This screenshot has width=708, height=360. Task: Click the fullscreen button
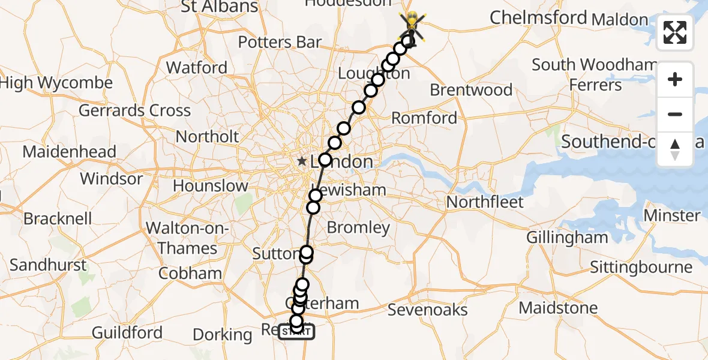675,32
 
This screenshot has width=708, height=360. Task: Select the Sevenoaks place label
427,310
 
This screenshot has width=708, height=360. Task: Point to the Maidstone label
558,308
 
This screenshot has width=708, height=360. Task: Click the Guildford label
127,332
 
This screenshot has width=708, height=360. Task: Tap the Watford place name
197,67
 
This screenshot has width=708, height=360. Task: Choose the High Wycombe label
56,83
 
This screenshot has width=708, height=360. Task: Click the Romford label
424,118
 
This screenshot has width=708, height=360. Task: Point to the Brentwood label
471,91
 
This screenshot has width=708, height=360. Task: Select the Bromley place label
358,227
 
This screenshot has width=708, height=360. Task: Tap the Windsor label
112,179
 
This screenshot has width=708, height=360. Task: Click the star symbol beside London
302,161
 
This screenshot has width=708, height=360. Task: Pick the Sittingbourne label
641,267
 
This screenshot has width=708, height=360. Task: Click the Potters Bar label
280,43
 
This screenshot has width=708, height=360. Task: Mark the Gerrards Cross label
134,110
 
